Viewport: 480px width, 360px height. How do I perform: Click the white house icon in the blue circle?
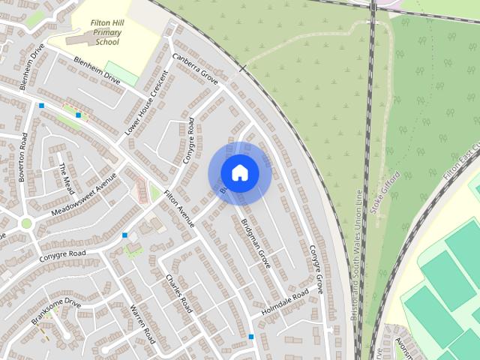click(239, 173)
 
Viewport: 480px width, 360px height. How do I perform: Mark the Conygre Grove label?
click(316, 268)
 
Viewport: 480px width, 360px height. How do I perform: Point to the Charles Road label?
click(179, 293)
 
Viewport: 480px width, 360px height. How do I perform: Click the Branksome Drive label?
click(55, 311)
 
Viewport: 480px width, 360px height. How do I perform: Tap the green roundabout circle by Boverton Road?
click(26, 223)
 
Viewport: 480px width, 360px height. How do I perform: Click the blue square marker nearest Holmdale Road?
click(251, 336)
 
